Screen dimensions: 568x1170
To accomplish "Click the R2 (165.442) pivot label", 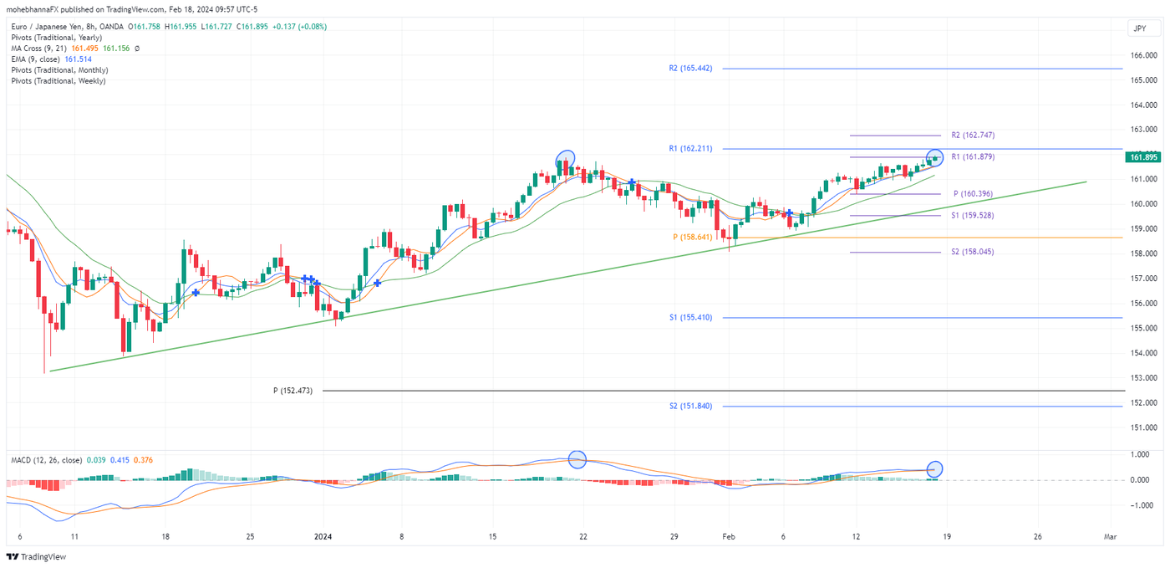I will click(x=690, y=69).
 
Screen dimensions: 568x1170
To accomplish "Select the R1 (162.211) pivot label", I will click(x=690, y=149).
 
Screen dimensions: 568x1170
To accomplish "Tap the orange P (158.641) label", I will click(x=692, y=238).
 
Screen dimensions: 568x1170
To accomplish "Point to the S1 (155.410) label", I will click(x=690, y=318).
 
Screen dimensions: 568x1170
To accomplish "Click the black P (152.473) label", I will click(x=292, y=391).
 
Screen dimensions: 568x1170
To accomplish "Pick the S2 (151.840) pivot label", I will click(x=690, y=407).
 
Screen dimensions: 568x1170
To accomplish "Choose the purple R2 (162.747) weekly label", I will click(x=973, y=136).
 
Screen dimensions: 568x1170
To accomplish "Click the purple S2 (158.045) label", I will click(x=973, y=252).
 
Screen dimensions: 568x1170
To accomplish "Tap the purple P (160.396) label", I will click(x=973, y=194).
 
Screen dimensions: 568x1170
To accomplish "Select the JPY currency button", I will click(x=1139, y=28).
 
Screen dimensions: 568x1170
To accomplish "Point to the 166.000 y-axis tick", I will click(x=1142, y=55).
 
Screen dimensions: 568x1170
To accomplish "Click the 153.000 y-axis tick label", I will click(x=1142, y=378).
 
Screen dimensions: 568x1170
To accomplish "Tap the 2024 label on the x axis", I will click(x=323, y=536).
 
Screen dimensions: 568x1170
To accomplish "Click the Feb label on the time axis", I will click(x=728, y=536).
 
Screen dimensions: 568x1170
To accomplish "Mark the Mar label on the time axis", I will click(x=1110, y=536).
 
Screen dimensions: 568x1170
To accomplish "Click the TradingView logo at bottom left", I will click(x=36, y=557).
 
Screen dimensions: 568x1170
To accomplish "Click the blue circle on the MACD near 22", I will click(x=577, y=459).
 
